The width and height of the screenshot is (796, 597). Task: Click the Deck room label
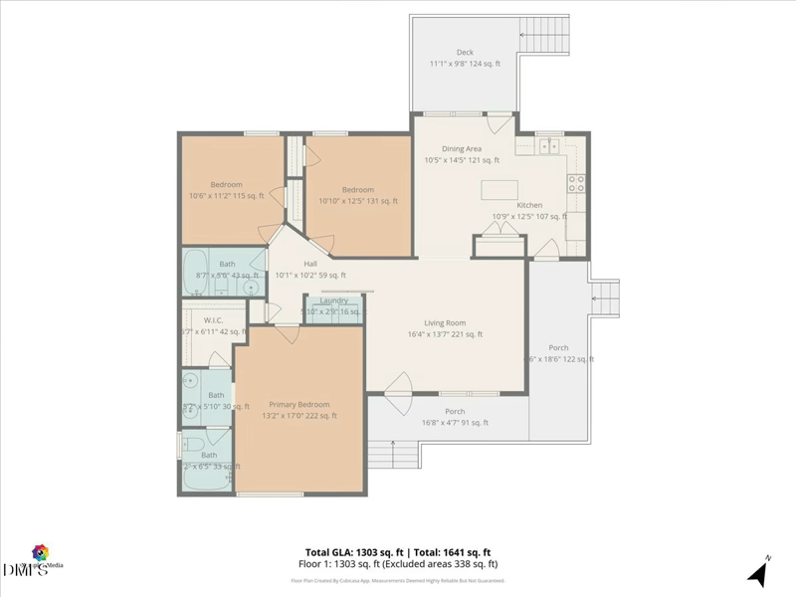pyautogui.click(x=465, y=52)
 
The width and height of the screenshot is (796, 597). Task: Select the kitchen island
pyautogui.click(x=500, y=189)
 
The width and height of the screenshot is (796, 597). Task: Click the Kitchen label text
pyautogui.click(x=529, y=205)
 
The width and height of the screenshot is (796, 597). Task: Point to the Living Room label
pyautogui.click(x=445, y=322)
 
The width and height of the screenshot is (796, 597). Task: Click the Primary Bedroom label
pyautogui.click(x=298, y=404)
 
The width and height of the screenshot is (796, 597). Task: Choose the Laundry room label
pyautogui.click(x=333, y=300)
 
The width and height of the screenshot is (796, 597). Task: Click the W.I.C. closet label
pyautogui.click(x=212, y=320)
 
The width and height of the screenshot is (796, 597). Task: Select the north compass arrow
pyautogui.click(x=757, y=573)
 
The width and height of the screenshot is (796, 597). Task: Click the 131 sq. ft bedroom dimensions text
pyautogui.click(x=358, y=201)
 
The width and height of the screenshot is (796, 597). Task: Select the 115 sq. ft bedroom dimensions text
pyautogui.click(x=226, y=196)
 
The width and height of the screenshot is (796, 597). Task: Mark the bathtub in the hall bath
pyautogui.click(x=196, y=269)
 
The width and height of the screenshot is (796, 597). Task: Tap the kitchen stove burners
pyautogui.click(x=575, y=182)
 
